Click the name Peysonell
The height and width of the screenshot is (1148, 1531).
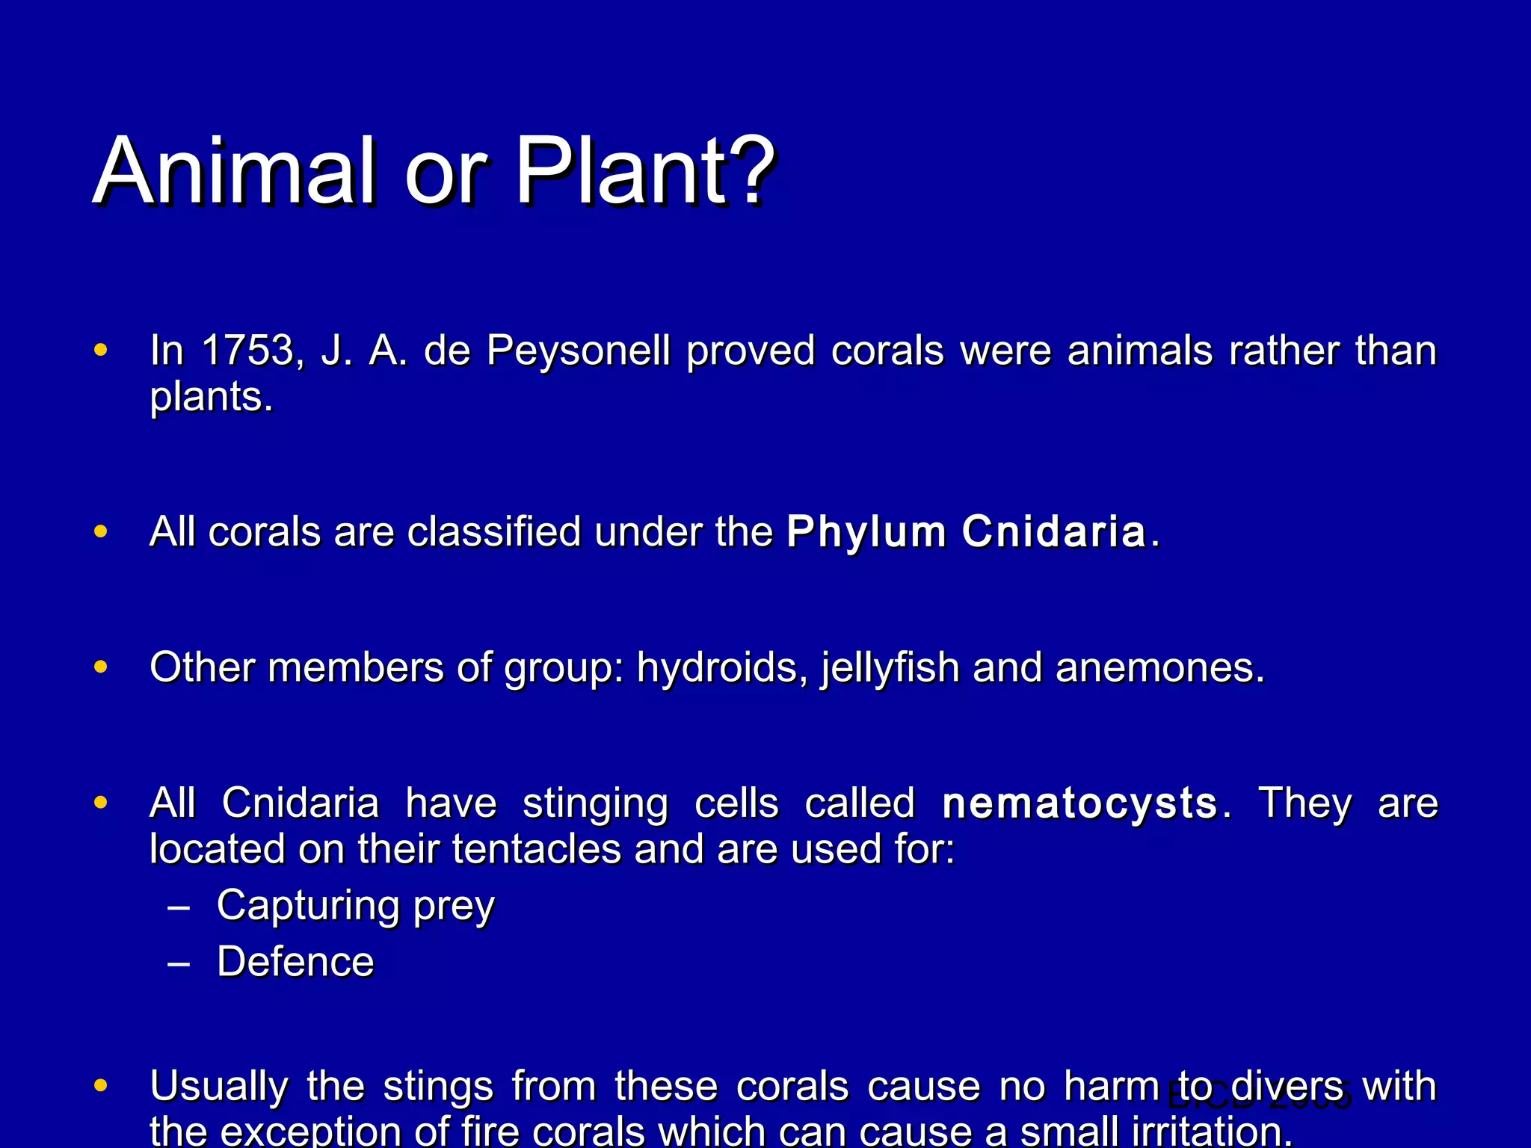pos(578,351)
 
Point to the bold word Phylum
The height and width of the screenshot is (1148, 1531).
pos(866,533)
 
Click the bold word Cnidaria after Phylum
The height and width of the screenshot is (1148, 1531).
pos(1053,531)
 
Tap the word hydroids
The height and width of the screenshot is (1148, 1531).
pos(721,668)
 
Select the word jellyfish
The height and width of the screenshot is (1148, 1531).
pos(890,668)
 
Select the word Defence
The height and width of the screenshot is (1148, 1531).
pos(295,962)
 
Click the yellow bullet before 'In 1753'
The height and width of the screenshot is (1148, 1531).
pos(101,350)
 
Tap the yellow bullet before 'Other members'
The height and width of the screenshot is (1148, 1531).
pos(101,667)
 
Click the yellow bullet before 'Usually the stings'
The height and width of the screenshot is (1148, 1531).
pos(101,1085)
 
